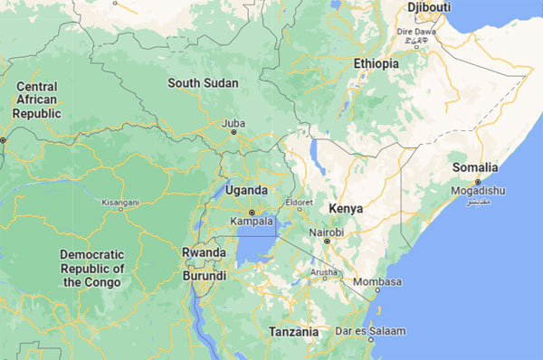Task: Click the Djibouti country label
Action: point(429,7)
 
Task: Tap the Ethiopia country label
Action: point(376,64)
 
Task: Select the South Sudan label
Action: point(203,83)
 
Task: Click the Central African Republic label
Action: point(37,99)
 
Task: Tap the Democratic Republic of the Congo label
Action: point(92,269)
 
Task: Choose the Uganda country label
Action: point(247,190)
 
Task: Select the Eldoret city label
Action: point(299,202)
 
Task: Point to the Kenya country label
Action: point(346,208)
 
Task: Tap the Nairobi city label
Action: point(326,232)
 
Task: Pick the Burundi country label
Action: point(205,276)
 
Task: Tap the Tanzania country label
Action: point(293,332)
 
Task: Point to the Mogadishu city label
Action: point(477,191)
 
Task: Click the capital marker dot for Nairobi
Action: point(328,242)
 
